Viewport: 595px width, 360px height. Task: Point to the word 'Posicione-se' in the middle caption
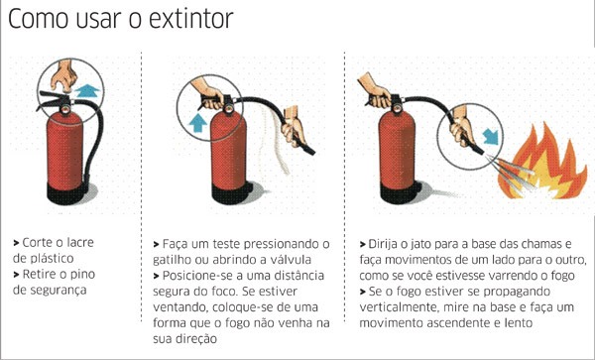[198, 275]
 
